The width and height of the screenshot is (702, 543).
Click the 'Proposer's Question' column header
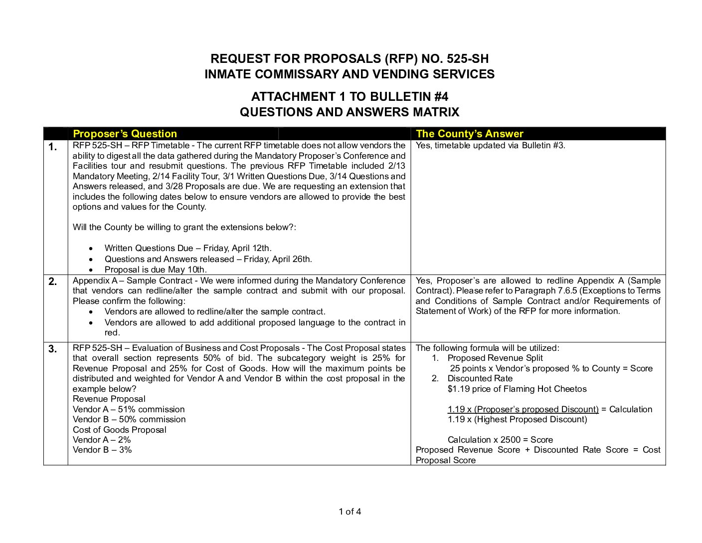[125, 134]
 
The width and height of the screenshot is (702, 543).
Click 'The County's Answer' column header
[469, 134]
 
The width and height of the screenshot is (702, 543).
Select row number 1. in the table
[53, 147]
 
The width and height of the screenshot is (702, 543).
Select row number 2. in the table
[53, 281]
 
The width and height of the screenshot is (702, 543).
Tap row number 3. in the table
[53, 349]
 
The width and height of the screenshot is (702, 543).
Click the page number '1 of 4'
[350, 511]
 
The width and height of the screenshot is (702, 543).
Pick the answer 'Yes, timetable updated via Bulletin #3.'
[490, 146]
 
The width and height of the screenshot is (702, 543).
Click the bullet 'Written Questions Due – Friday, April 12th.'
[188, 249]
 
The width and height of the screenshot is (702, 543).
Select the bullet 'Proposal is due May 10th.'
[156, 270]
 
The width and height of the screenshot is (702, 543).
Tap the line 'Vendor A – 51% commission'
[129, 409]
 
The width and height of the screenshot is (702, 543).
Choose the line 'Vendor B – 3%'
[102, 450]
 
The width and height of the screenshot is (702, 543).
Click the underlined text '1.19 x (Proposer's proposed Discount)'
[523, 409]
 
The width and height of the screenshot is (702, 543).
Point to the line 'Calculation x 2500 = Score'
[500, 440]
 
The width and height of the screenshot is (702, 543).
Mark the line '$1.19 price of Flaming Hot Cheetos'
[517, 389]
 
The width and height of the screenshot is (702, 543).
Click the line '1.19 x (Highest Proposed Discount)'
[517, 419]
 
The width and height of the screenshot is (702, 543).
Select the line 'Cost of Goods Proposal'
[120, 430]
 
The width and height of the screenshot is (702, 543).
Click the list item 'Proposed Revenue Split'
[495, 358]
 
